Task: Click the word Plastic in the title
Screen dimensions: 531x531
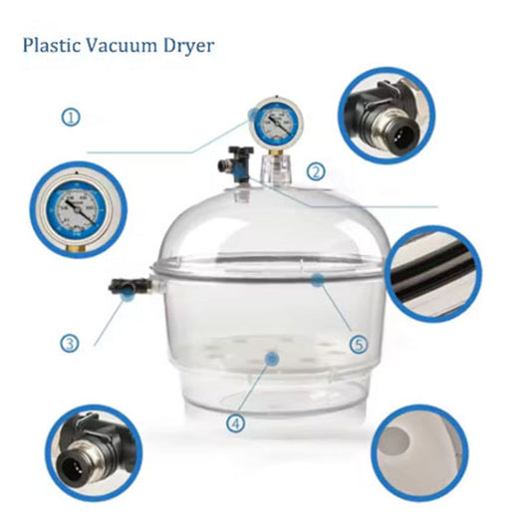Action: [51, 47]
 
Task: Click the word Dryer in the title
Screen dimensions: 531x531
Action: [188, 47]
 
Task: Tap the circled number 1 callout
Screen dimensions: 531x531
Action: [71, 117]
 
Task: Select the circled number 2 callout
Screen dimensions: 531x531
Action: [315, 171]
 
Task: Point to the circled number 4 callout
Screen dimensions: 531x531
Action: [236, 422]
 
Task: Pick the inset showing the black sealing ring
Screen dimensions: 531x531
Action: [429, 273]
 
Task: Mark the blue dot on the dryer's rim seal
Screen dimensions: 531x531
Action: [315, 282]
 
